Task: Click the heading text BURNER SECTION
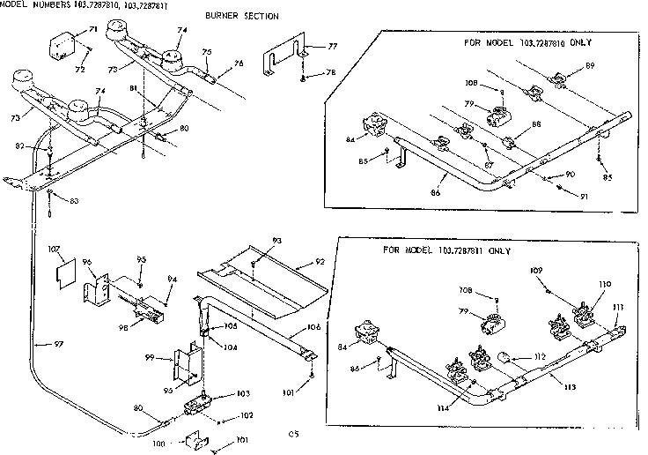[x=241, y=17]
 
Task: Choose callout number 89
[x=589, y=66]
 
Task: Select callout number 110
[x=603, y=284]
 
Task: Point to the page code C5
[x=293, y=432]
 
